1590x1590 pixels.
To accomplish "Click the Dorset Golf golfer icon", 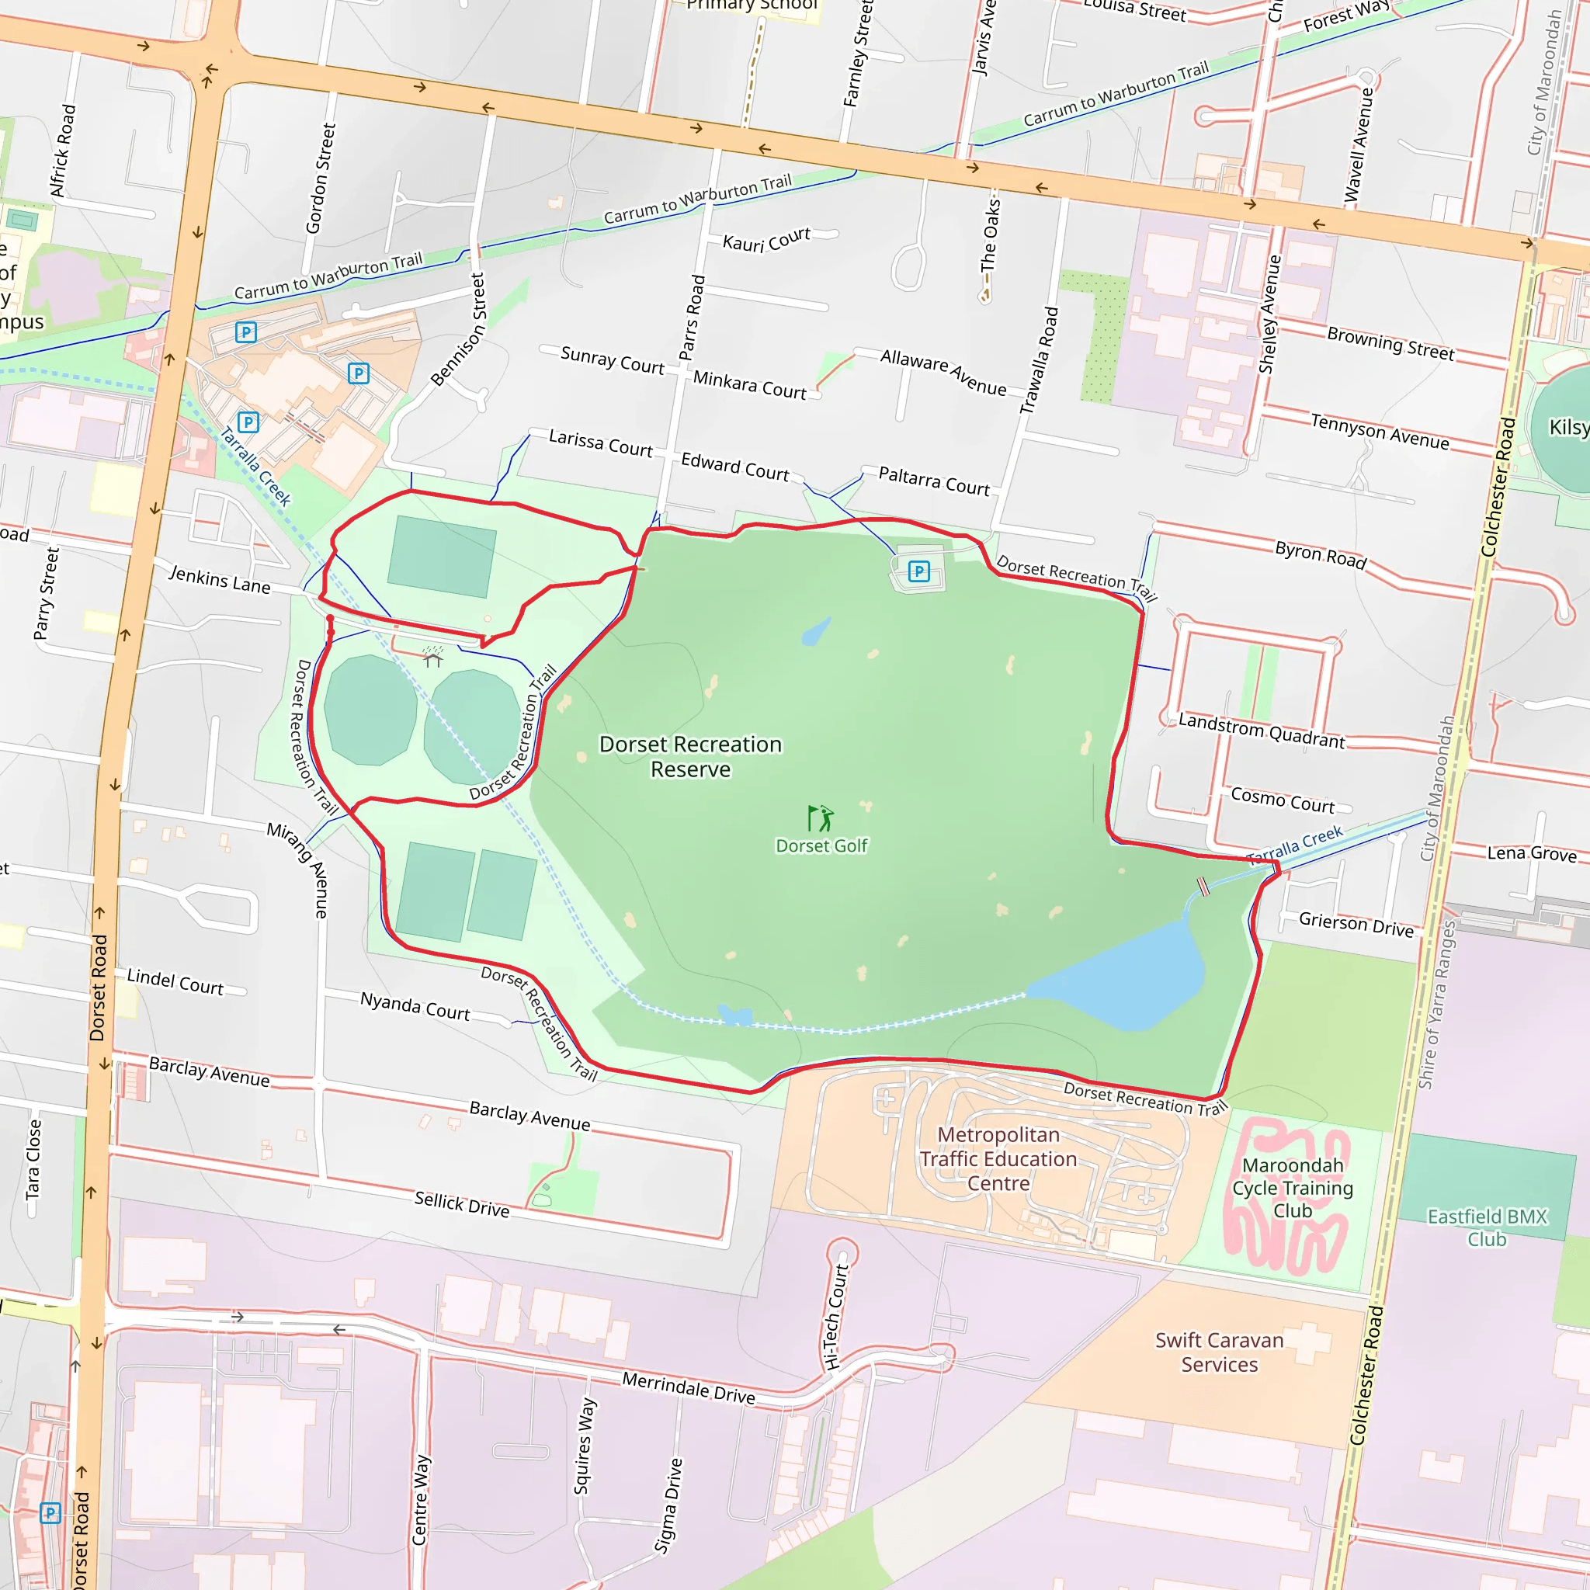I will [x=821, y=818].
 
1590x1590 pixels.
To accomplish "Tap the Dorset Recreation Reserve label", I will [x=690, y=756].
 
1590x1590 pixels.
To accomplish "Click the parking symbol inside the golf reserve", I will [x=918, y=571].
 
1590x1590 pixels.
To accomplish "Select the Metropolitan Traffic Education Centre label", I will [x=998, y=1159].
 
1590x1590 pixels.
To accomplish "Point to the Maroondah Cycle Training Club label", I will [x=1292, y=1188].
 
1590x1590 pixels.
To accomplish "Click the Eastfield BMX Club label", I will [x=1487, y=1227].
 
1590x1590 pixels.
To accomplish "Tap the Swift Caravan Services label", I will [x=1219, y=1352].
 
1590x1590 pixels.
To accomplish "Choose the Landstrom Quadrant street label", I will [x=1261, y=731].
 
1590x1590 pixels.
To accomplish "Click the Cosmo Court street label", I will [x=1283, y=800].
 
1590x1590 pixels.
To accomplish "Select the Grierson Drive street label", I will [x=1356, y=924].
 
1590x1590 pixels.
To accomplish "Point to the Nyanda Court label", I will [x=415, y=1005].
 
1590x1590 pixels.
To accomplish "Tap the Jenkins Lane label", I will [x=220, y=579].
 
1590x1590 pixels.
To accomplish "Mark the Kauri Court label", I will [x=766, y=239].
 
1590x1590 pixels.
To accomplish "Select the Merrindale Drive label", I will [x=688, y=1387].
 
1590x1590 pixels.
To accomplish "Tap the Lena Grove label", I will [x=1532, y=853].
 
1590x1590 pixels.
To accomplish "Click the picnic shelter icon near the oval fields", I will [x=433, y=658].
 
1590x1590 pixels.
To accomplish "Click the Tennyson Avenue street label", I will [x=1380, y=431].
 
